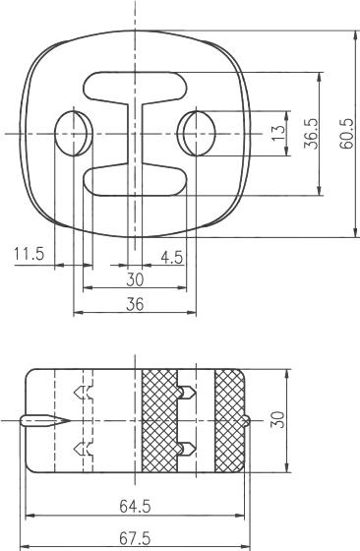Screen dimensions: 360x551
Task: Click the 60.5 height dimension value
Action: tap(345, 134)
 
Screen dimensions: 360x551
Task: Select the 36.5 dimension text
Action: tap(311, 134)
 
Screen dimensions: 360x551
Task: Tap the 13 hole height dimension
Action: tap(278, 134)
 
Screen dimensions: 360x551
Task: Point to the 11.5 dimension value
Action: tap(30, 254)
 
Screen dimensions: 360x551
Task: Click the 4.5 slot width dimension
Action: tap(172, 258)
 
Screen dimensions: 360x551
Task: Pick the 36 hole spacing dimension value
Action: tap(135, 304)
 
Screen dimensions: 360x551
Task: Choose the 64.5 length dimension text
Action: tap(135, 507)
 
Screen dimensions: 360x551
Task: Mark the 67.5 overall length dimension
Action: tap(135, 538)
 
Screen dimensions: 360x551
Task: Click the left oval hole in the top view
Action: tap(74, 134)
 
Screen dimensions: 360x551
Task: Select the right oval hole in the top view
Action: tap(196, 134)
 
